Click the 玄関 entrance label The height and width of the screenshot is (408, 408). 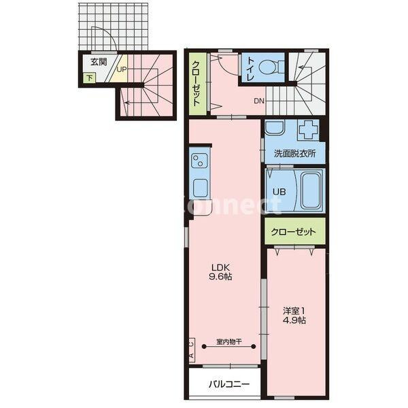click(x=99, y=62)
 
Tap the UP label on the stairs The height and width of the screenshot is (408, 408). click(x=122, y=70)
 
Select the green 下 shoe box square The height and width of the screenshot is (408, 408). click(x=89, y=78)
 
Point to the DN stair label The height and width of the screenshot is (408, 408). click(x=259, y=101)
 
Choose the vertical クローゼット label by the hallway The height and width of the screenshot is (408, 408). click(x=197, y=83)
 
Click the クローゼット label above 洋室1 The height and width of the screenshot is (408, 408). click(x=293, y=231)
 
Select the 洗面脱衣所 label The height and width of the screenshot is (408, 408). click(x=295, y=153)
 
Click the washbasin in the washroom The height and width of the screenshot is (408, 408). click(x=275, y=128)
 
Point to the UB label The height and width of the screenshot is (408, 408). click(x=279, y=192)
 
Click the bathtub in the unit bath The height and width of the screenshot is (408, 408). click(x=311, y=190)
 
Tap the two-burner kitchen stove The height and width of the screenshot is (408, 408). click(x=199, y=160)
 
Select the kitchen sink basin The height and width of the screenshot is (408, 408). click(x=200, y=188)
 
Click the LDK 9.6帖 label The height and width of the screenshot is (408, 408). click(x=220, y=271)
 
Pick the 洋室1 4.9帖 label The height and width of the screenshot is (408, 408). click(x=294, y=316)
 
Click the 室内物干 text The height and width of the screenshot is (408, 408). click(x=229, y=341)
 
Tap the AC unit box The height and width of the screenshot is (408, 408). click(x=192, y=350)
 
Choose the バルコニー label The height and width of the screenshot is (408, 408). click(x=229, y=384)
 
